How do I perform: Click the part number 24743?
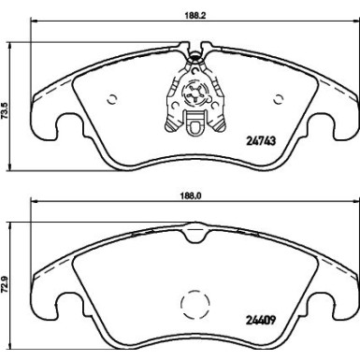tap(263, 141)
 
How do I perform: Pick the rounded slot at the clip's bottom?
tap(195, 123)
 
